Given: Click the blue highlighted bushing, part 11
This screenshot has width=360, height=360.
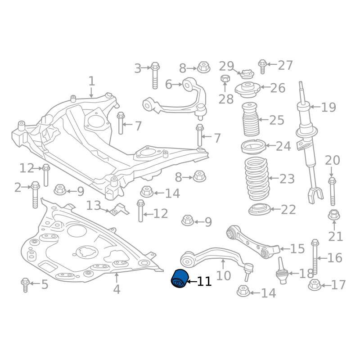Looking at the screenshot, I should point(180,279).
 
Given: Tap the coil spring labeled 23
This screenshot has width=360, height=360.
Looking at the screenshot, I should point(256,179).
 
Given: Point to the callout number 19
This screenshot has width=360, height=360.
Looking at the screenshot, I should point(328,108).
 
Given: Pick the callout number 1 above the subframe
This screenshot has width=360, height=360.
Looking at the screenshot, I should point(92,81).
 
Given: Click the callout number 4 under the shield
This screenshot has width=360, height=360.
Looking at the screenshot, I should point(117,289).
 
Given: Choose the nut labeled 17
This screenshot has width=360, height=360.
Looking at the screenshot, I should point(315,285).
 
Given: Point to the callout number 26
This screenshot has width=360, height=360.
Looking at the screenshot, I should point(278,87).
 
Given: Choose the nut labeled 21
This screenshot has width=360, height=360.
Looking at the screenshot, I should point(333,214).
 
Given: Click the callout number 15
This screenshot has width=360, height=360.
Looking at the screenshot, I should point(297,248).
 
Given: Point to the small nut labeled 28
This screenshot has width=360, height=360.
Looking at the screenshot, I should point(225,80).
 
